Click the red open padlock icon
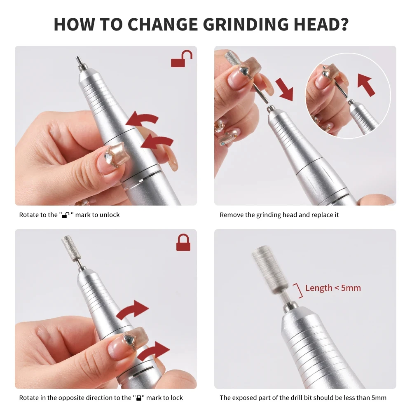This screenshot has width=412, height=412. (182, 59)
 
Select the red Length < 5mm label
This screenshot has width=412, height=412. (333, 288)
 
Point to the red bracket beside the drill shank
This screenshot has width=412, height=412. (298, 290)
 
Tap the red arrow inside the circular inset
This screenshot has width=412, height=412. (366, 85)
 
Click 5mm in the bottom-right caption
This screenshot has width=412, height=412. (378, 398)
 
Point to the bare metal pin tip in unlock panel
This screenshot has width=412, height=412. (77, 60)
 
